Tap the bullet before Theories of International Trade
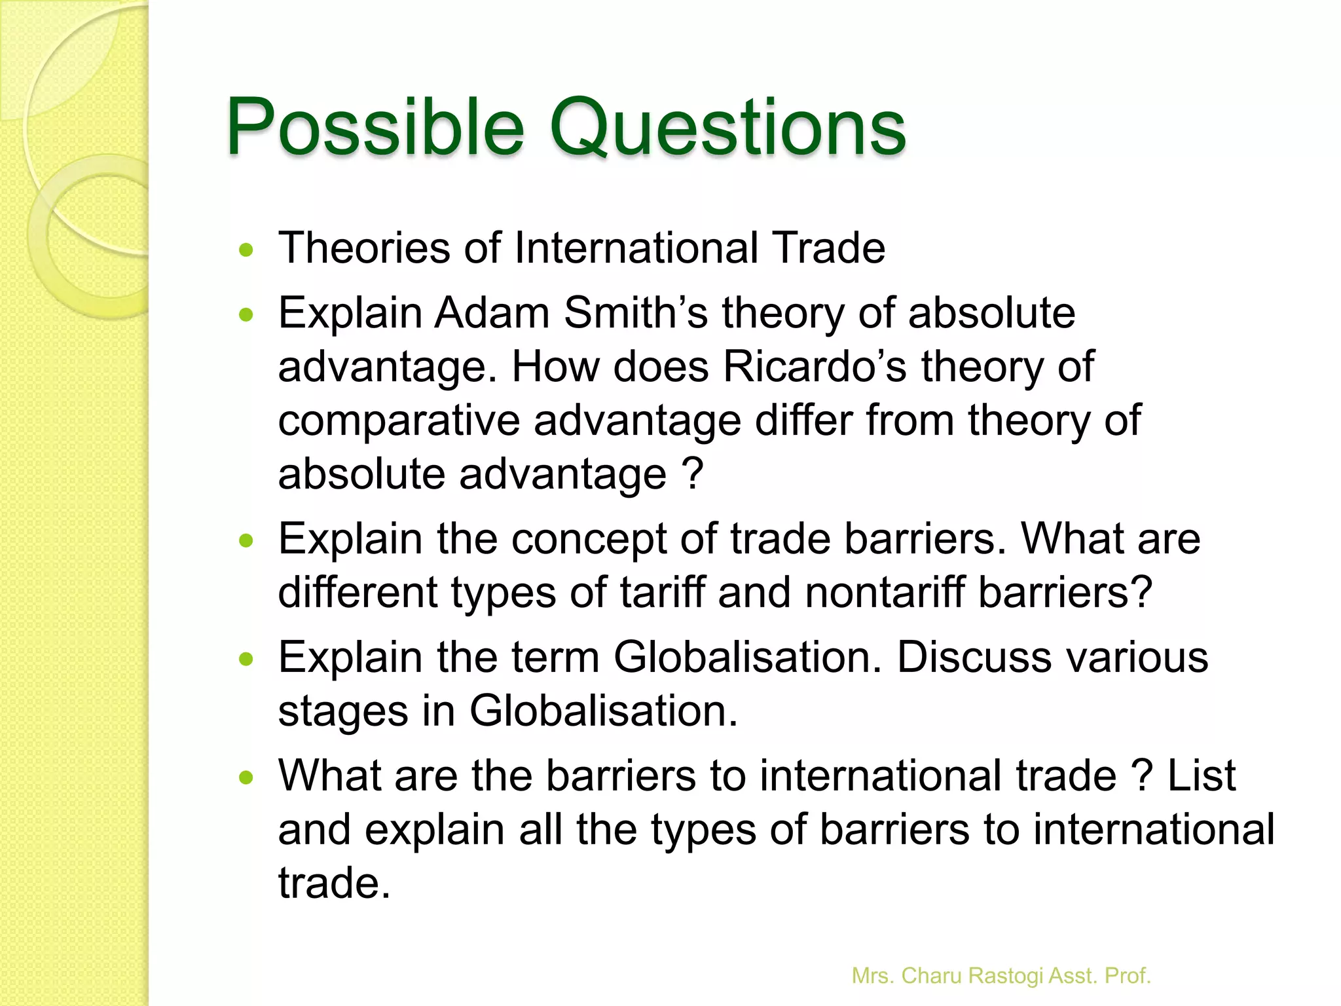(x=246, y=250)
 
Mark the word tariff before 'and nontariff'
(x=662, y=593)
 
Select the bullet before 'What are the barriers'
(x=246, y=778)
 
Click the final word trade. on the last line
(x=334, y=883)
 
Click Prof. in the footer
(x=1128, y=976)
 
